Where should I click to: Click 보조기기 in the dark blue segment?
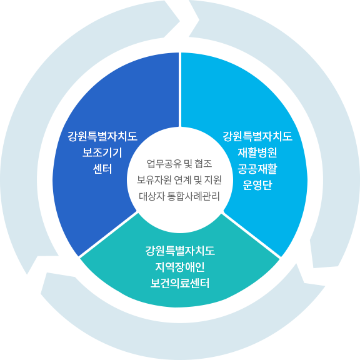point(102,152)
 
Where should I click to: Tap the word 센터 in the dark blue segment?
point(102,169)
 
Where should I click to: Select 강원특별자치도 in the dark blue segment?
point(102,136)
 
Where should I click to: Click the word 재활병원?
point(257,152)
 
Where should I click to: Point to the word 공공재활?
point(257,169)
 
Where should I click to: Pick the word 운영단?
point(257,185)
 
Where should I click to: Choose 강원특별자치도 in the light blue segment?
point(257,136)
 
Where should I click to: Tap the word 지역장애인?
point(180,267)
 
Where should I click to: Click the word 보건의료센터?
point(180,283)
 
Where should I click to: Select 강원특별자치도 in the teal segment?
point(180,251)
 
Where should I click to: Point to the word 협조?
point(203,164)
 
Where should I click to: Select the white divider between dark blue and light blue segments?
point(180,89)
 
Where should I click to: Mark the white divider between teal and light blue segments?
point(251,235)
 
